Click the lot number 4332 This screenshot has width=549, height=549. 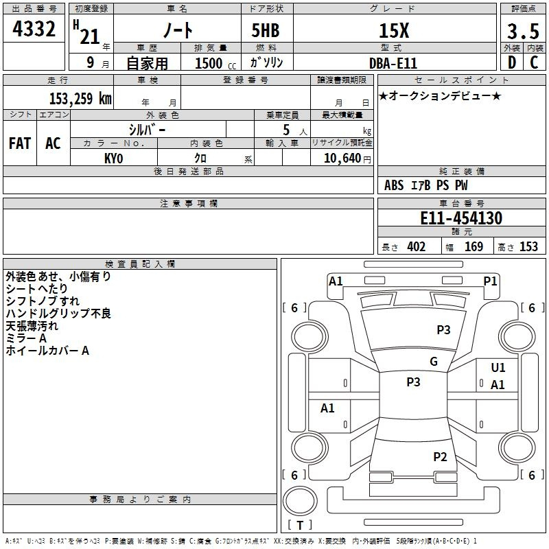click(x=34, y=29)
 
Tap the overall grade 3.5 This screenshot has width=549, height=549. click(x=523, y=31)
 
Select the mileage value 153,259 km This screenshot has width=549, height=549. click(x=80, y=99)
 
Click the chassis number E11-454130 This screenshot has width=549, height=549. click(x=461, y=218)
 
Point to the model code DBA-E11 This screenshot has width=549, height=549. click(x=393, y=63)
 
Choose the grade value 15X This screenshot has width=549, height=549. click(x=394, y=31)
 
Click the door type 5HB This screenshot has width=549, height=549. click(x=266, y=30)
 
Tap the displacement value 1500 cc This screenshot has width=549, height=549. click(x=215, y=64)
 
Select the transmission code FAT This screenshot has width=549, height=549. click(x=20, y=143)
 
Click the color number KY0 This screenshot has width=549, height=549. click(x=113, y=159)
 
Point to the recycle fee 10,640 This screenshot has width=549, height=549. click(x=342, y=159)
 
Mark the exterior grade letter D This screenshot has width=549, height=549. click(x=512, y=62)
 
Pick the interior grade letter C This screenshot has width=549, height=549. click(x=534, y=62)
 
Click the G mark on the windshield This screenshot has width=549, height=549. click(x=434, y=362)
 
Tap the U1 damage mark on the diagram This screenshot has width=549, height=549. click(x=498, y=368)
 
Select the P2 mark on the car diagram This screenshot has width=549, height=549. click(x=440, y=456)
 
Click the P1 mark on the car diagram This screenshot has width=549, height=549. click(x=490, y=281)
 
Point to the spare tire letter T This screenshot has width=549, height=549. click(x=300, y=525)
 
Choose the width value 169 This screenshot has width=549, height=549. click(x=474, y=246)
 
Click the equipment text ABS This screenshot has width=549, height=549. click(x=394, y=185)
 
